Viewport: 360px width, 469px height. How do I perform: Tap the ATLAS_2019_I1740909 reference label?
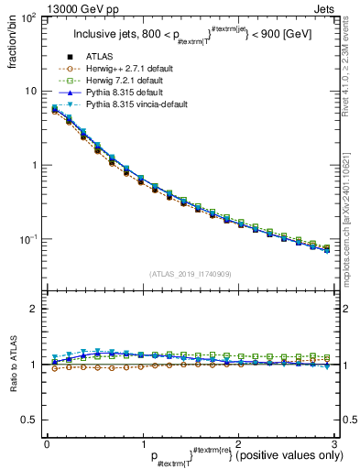click(x=189, y=274)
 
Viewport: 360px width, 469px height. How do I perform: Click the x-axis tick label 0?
click(x=46, y=443)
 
